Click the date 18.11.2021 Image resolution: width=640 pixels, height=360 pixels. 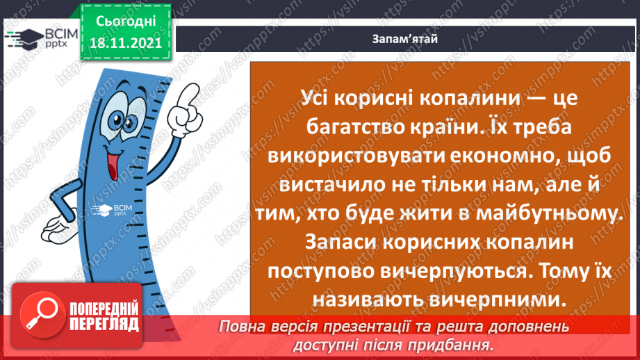125,42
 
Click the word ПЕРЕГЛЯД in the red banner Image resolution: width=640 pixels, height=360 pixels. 104,325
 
